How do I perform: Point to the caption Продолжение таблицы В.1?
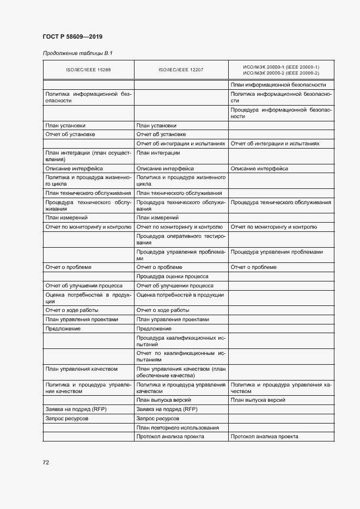click(x=73, y=53)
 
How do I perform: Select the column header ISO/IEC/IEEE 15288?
click(x=88, y=70)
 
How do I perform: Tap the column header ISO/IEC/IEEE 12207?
click(x=180, y=70)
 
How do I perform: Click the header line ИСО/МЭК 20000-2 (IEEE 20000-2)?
click(x=281, y=73)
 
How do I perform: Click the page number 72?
click(x=46, y=462)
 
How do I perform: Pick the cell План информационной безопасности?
click(x=278, y=84)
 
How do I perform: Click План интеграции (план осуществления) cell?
click(x=87, y=156)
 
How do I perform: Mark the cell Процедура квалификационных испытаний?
click(x=180, y=341)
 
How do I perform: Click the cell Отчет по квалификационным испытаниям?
click(x=180, y=357)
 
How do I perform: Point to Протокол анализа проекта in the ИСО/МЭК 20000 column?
click(x=264, y=437)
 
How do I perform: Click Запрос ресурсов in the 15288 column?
click(x=67, y=419)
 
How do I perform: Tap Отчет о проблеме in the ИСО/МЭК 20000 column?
click(x=254, y=267)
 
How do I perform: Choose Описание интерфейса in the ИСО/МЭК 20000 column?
click(x=259, y=169)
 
